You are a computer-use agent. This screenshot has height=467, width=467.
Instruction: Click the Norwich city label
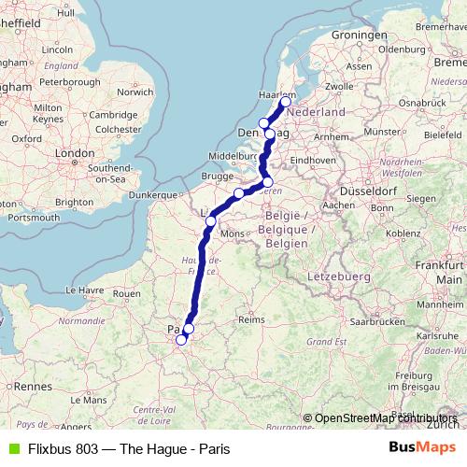click(x=135, y=92)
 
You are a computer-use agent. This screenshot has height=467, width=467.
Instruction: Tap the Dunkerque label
click(x=152, y=195)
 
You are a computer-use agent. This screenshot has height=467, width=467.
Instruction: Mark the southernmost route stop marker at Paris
click(x=181, y=341)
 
